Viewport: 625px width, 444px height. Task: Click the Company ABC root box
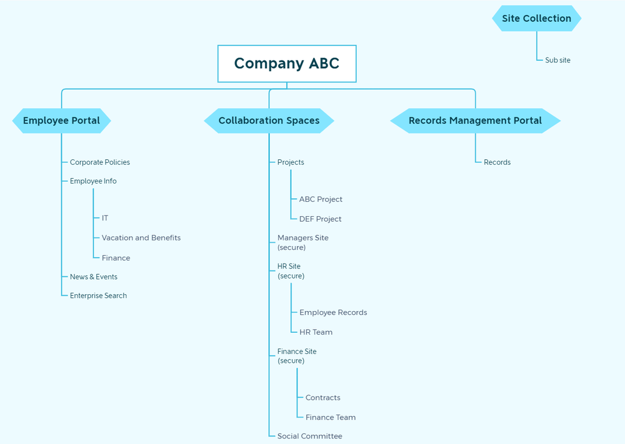[x=286, y=64]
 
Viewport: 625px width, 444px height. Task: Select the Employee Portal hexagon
[x=61, y=121]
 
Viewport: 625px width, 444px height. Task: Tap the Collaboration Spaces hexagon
[x=269, y=121]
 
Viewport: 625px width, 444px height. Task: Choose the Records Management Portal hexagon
[x=475, y=121]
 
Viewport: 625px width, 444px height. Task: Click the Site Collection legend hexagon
[x=536, y=19]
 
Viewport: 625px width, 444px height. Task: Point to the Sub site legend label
[x=557, y=61]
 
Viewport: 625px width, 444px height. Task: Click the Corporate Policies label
[x=100, y=162]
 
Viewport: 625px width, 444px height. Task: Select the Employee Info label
[x=93, y=181]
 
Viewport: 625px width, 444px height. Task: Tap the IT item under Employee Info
[x=105, y=218]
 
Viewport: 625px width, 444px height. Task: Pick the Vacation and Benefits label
[x=141, y=238]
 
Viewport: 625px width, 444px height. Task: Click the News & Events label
[x=94, y=277]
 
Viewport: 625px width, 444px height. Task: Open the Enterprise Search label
[x=98, y=296]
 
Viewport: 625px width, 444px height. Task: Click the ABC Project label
[x=321, y=199]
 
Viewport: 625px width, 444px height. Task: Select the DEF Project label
[x=320, y=219]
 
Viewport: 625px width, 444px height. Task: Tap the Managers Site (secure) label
[x=302, y=242]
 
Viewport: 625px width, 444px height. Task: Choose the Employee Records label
[x=333, y=312]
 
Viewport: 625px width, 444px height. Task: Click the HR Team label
[x=316, y=332]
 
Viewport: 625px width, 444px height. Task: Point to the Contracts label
[x=323, y=398]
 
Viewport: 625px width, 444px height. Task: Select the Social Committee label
[x=309, y=437]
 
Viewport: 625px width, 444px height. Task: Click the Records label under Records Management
[x=497, y=162]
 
